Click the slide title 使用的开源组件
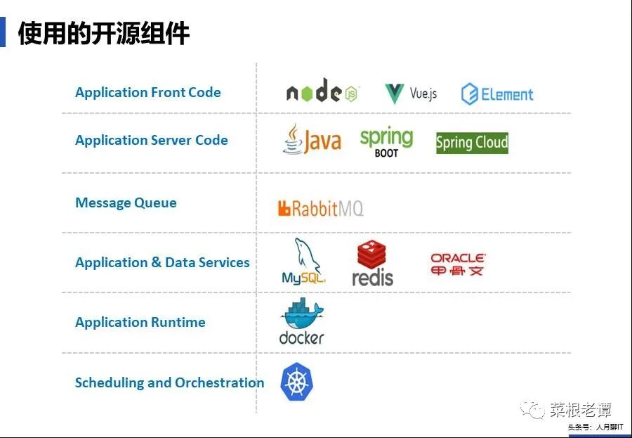point(104,33)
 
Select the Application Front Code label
point(147,92)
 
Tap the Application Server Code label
point(151,140)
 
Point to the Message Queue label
point(126,202)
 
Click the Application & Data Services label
point(162,262)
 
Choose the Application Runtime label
point(140,322)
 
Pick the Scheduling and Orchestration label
point(169,382)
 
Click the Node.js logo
point(322,92)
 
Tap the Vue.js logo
point(411,93)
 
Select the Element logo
point(497,94)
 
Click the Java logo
point(312,139)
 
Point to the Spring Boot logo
point(386,141)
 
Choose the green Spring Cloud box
point(472,143)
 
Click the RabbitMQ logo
point(320,208)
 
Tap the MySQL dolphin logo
point(304,262)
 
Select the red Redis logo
point(372,264)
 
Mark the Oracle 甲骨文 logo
point(458,264)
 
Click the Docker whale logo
point(302,322)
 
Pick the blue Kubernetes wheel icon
point(297,382)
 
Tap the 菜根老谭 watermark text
point(580,409)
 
